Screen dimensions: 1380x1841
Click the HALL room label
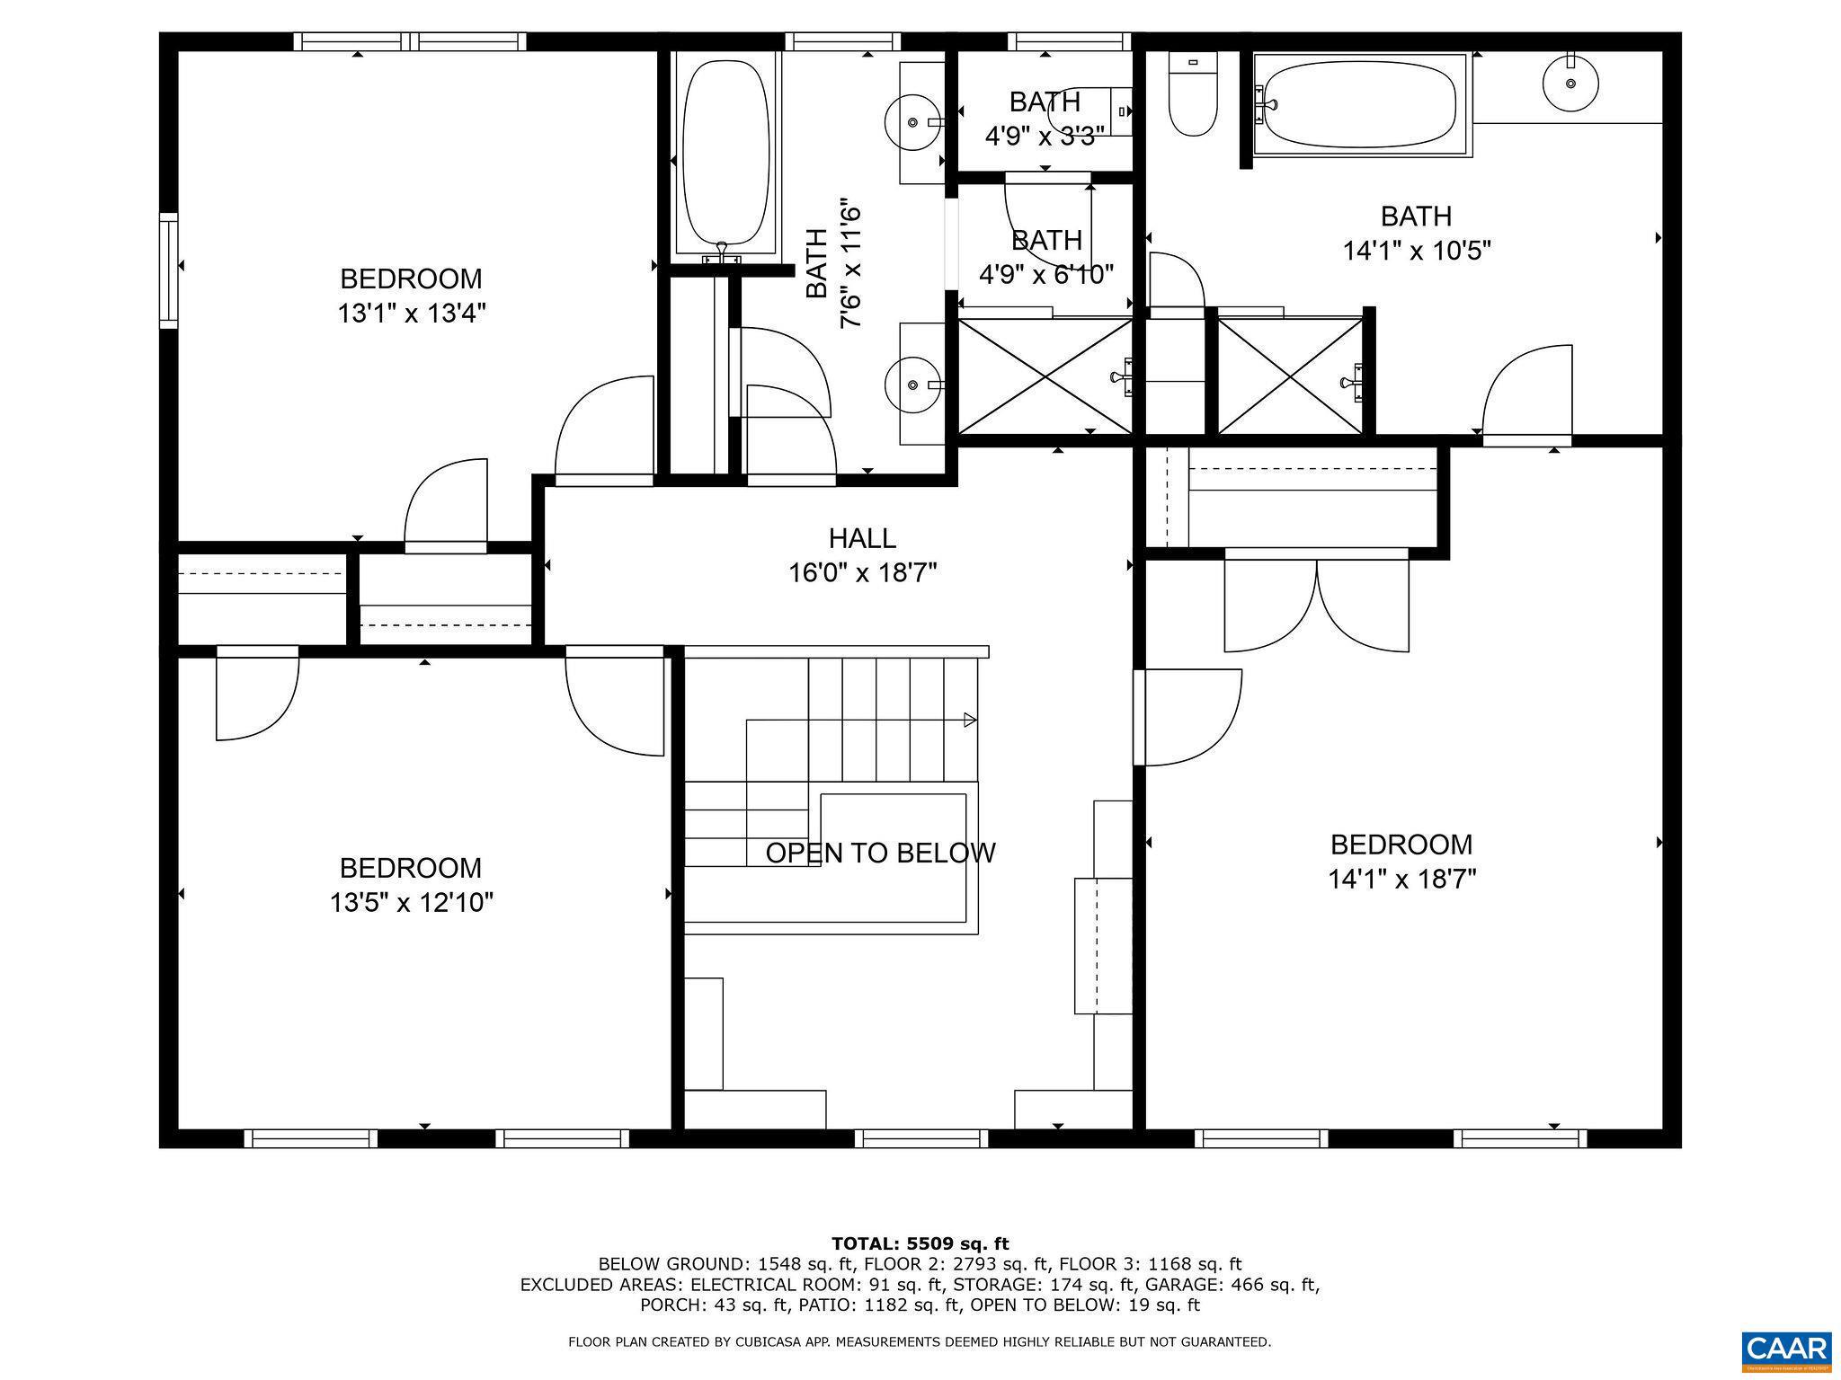862,538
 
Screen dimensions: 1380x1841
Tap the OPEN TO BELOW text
880,853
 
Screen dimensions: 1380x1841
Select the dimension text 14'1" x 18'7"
1402,879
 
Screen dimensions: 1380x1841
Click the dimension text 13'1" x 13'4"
412,314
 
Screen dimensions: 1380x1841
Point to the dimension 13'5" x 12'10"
412,902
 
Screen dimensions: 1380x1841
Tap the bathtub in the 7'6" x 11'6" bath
726,153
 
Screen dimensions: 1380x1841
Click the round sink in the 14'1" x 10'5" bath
1570,83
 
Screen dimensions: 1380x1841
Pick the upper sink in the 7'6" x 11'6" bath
913,121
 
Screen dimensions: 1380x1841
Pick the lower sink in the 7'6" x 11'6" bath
913,385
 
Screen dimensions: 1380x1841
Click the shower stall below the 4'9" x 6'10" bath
1045,376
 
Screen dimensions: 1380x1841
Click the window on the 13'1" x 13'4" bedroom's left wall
168,270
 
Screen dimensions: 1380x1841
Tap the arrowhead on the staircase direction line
970,719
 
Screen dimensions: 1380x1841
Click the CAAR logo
1785,1349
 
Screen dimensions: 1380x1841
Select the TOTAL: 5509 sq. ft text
920,1243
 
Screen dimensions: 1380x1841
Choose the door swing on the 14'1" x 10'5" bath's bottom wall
1526,395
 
